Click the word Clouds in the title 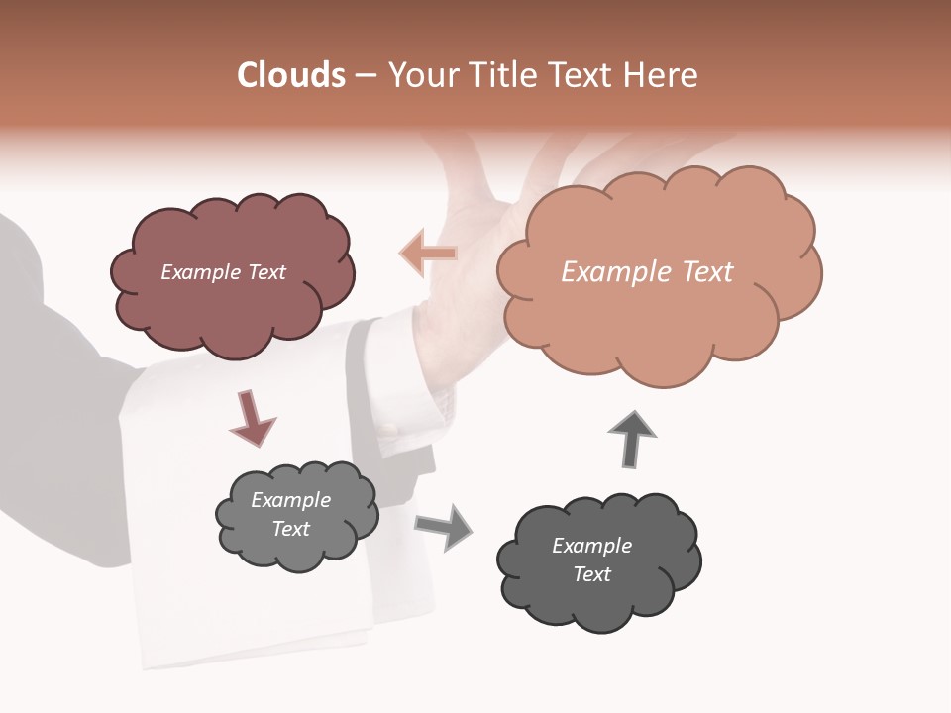pyautogui.click(x=291, y=75)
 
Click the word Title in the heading pyautogui.click(x=499, y=75)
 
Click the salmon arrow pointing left pyautogui.click(x=429, y=254)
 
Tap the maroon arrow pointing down pyautogui.click(x=251, y=419)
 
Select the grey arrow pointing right pyautogui.click(x=443, y=526)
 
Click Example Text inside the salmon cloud pyautogui.click(x=647, y=272)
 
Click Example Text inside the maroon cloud pyautogui.click(x=223, y=272)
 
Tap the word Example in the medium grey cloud pyautogui.click(x=290, y=500)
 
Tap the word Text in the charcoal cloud pyautogui.click(x=591, y=574)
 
